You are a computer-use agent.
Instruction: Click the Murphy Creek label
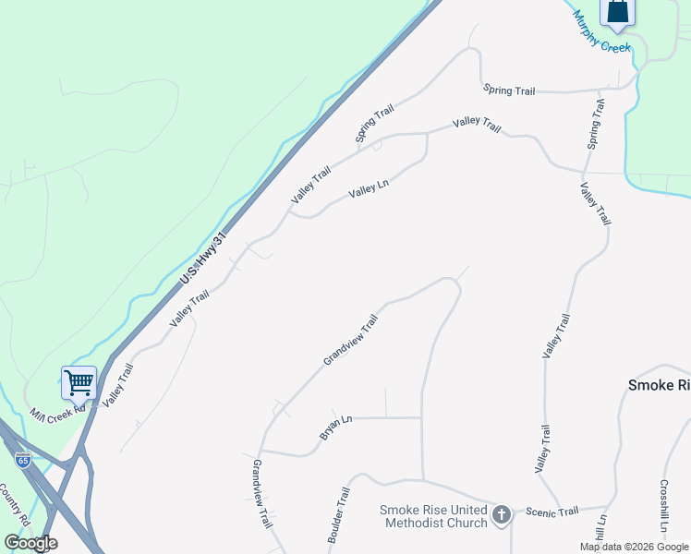coord(600,33)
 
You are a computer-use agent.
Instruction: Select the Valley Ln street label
coord(369,190)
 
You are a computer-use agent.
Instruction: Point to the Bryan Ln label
coord(335,426)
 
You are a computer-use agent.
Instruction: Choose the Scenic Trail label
coord(552,511)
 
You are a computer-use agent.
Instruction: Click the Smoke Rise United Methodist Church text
coord(433,517)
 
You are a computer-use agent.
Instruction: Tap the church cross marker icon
coord(502,514)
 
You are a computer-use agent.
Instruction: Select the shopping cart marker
coord(79,381)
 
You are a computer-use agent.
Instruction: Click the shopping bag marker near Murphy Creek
coord(617,11)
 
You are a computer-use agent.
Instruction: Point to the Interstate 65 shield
coord(20,459)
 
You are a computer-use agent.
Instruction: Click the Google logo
coord(30,543)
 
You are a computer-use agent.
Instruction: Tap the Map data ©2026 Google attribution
coord(635,547)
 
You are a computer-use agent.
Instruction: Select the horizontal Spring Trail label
coord(509,90)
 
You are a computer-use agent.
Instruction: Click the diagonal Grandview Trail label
coord(350,340)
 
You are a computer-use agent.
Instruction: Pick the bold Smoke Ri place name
coord(659,385)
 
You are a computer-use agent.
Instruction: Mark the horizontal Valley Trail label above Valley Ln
coord(477,125)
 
